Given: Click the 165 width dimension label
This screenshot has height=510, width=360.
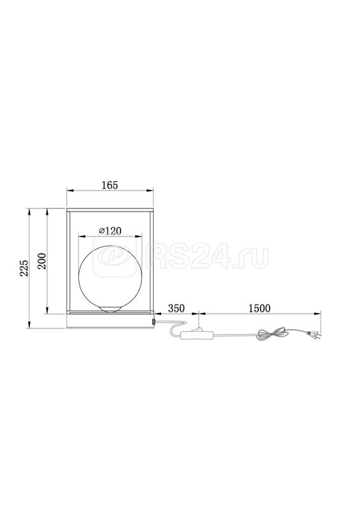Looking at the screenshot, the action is pyautogui.click(x=110, y=185).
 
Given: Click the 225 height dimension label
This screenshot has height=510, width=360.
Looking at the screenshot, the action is pyautogui.click(x=24, y=268).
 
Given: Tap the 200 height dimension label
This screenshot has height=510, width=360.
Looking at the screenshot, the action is pyautogui.click(x=41, y=261).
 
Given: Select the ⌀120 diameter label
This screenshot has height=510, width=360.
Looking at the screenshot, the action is pyautogui.click(x=110, y=231).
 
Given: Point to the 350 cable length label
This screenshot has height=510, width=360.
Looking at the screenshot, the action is pyautogui.click(x=176, y=308).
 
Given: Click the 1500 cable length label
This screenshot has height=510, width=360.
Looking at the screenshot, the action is pyautogui.click(x=259, y=308).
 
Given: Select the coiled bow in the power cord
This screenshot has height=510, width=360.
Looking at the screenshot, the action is pyautogui.click(x=273, y=333).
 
